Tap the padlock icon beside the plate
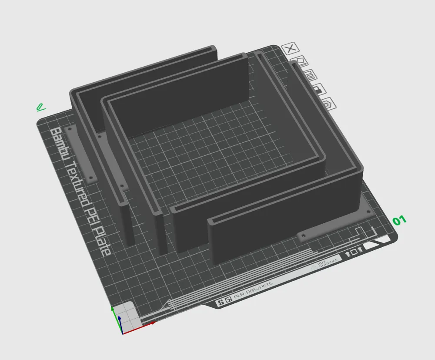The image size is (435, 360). coord(321,90)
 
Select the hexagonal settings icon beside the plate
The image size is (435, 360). coord(329,104)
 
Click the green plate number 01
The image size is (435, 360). coord(399,220)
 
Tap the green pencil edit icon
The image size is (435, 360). coord(40,107)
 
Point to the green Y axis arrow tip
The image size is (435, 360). coord(113,309)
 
